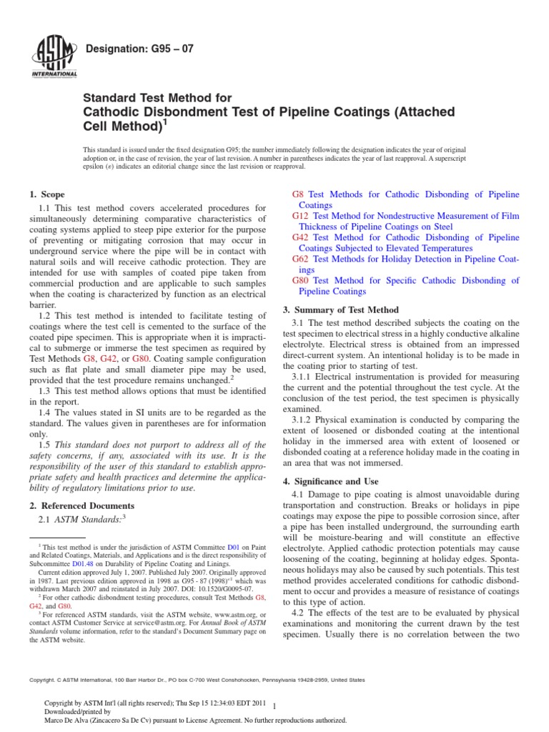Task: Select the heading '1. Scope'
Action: (46, 194)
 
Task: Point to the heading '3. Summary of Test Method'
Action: (341, 310)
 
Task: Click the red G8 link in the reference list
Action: (299, 194)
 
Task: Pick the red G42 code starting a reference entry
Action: (301, 237)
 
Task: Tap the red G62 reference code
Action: (301, 259)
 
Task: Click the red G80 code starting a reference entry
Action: (301, 281)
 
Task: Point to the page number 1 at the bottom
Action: (275, 706)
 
